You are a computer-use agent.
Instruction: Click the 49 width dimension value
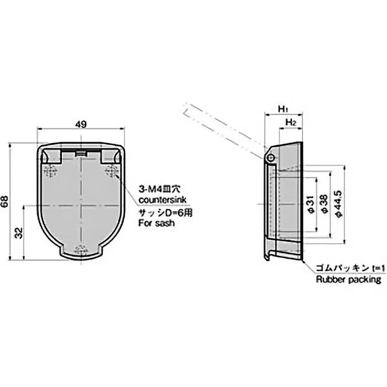point(81,124)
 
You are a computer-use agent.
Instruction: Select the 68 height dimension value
point(5,203)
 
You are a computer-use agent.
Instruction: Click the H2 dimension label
point(291,123)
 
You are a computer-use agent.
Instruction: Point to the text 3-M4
point(149,189)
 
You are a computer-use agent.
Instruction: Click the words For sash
point(156,223)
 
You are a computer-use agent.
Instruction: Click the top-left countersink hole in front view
point(50,170)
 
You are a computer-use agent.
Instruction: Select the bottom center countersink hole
point(81,249)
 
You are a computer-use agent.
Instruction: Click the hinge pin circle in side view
point(270,158)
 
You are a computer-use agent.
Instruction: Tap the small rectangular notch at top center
point(81,153)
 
